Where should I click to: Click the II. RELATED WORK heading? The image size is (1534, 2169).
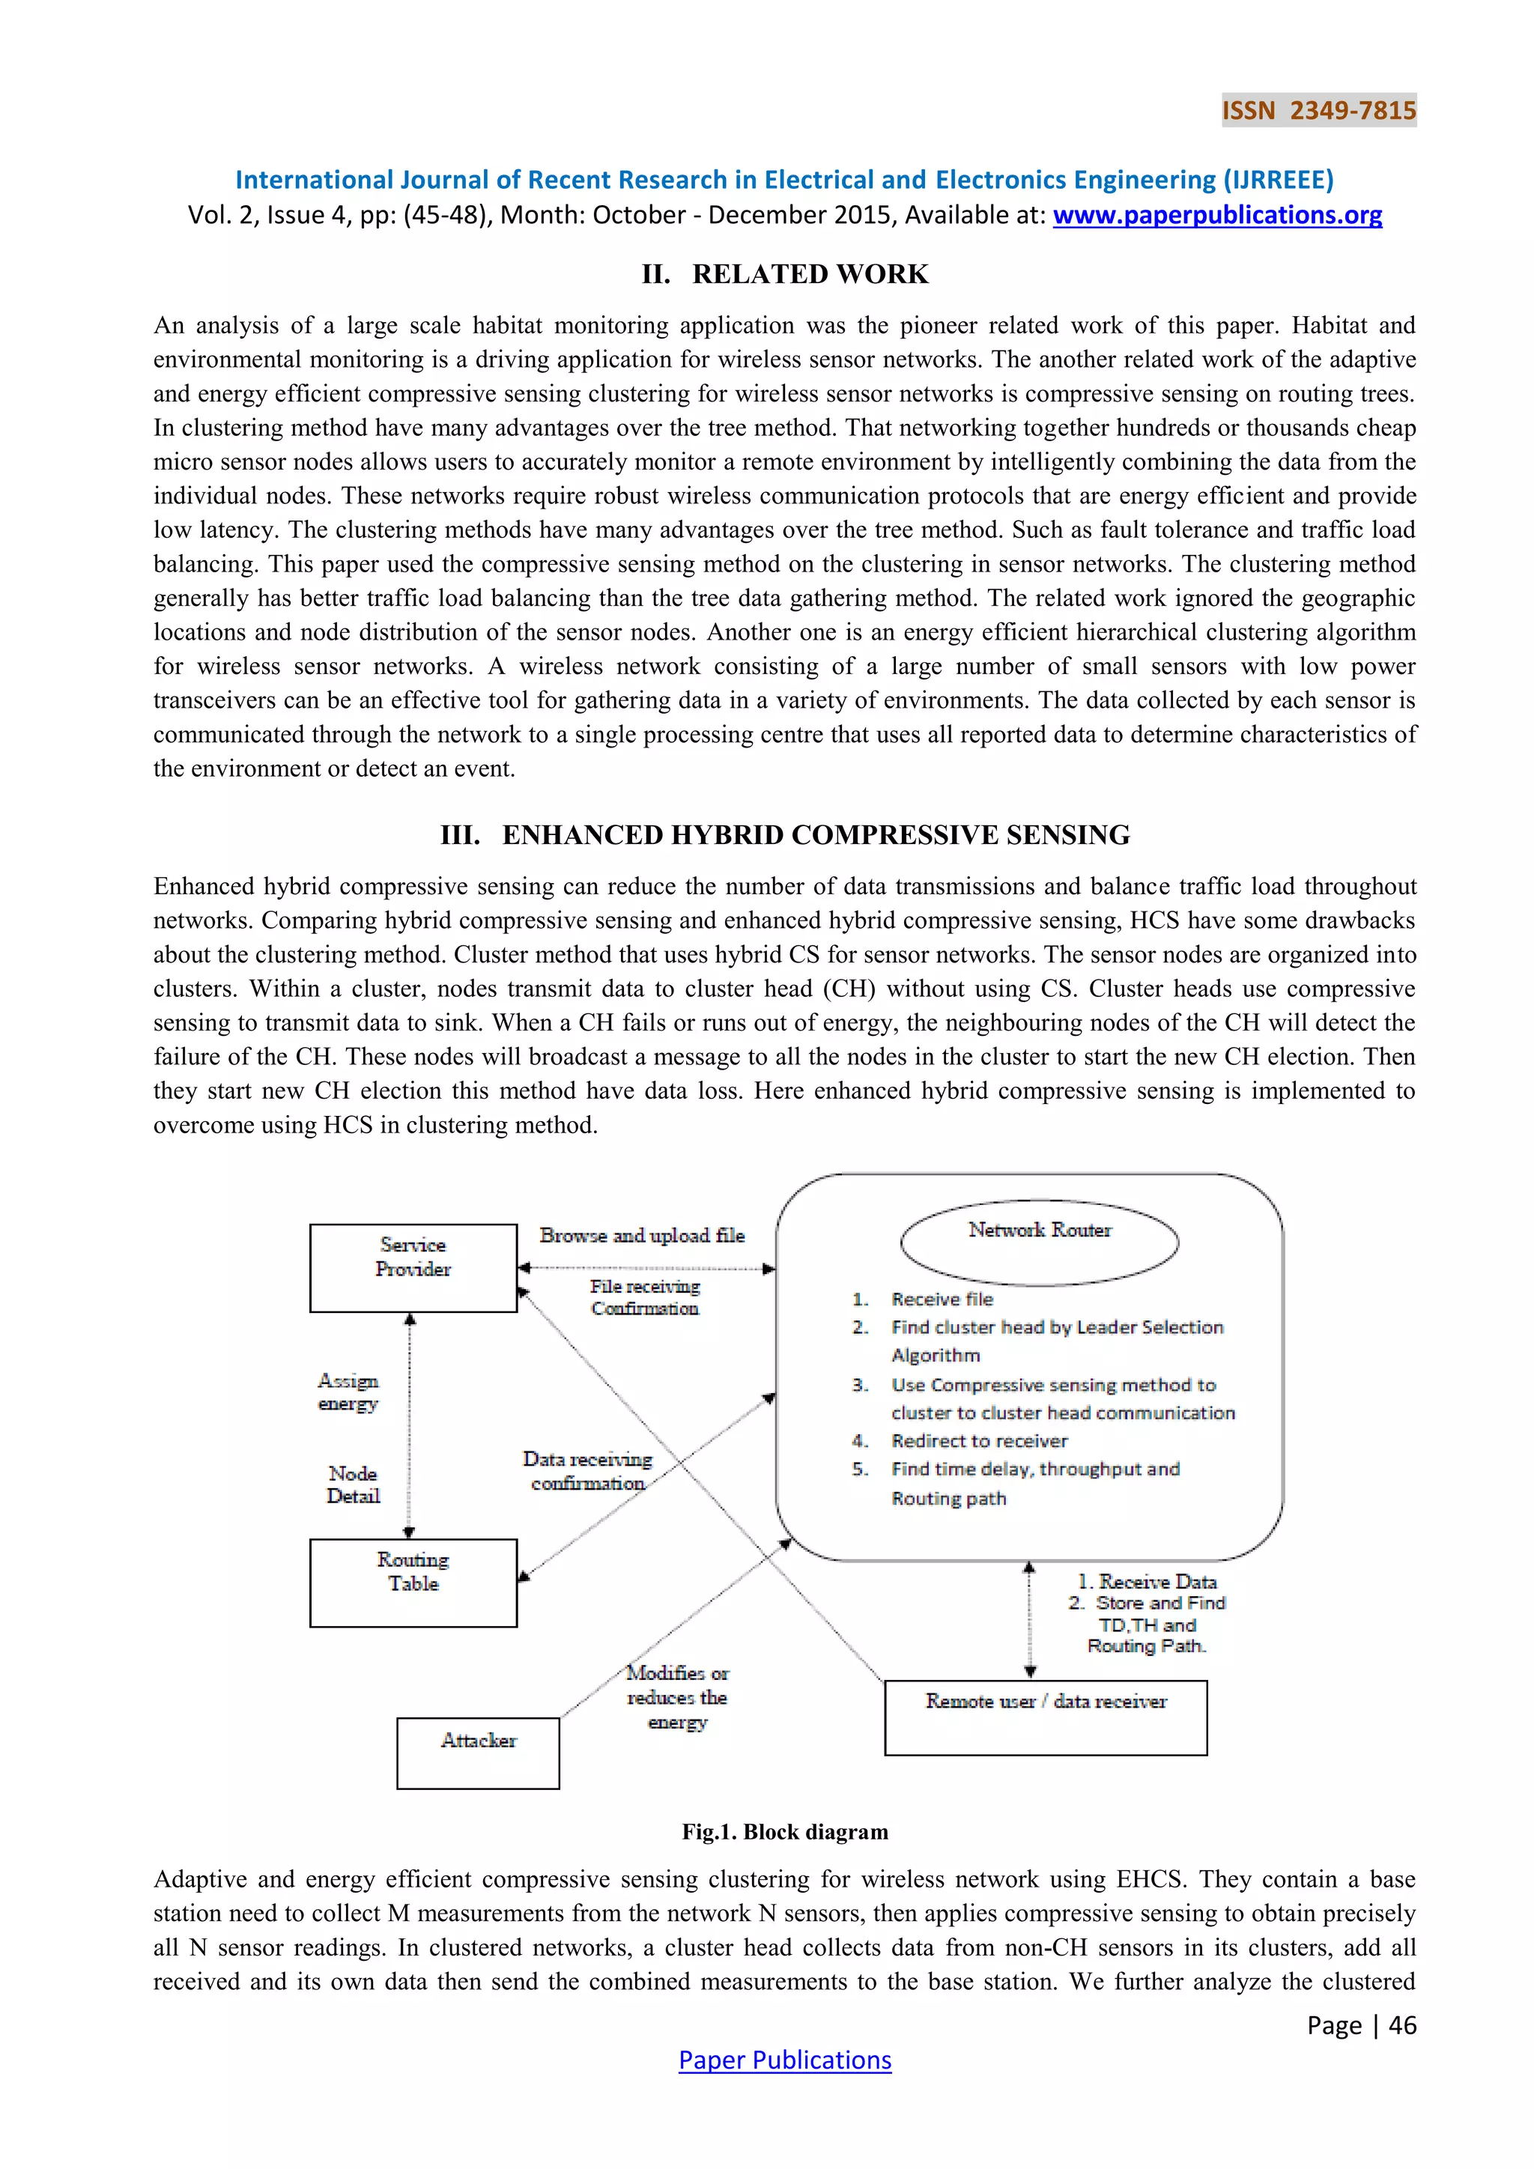pyautogui.click(x=785, y=274)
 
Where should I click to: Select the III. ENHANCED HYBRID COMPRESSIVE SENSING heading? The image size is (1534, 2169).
pyautogui.click(x=785, y=835)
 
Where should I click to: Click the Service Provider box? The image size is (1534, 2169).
pyautogui.click(x=413, y=1268)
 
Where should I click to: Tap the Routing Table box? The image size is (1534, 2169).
pyautogui.click(x=413, y=1583)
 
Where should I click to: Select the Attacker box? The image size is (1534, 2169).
pyautogui.click(x=478, y=1753)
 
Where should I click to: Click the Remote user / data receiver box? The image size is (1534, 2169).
pyautogui.click(x=1046, y=1717)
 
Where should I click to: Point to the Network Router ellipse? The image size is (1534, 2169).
pyautogui.click(x=1039, y=1243)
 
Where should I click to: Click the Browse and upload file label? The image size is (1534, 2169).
pyautogui.click(x=643, y=1236)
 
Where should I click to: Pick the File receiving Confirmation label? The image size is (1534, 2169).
pyautogui.click(x=645, y=1297)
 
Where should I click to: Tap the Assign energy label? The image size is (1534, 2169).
pyautogui.click(x=348, y=1392)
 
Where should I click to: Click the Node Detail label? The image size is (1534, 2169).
pyautogui.click(x=352, y=1484)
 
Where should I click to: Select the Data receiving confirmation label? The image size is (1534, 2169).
pyautogui.click(x=587, y=1471)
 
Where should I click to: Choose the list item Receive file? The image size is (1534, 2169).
pyautogui.click(x=942, y=1299)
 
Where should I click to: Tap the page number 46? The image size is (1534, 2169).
pyautogui.click(x=1401, y=2025)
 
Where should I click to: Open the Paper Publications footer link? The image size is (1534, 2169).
pyautogui.click(x=785, y=2060)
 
